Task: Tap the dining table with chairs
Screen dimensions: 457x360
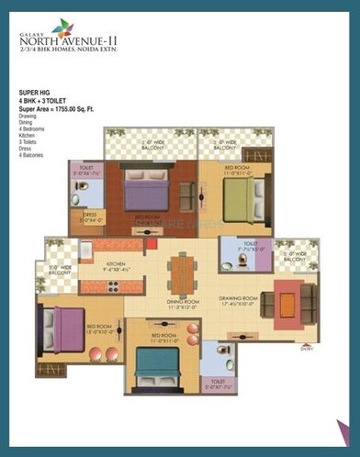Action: point(181,277)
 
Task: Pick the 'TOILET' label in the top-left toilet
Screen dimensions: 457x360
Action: point(85,168)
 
